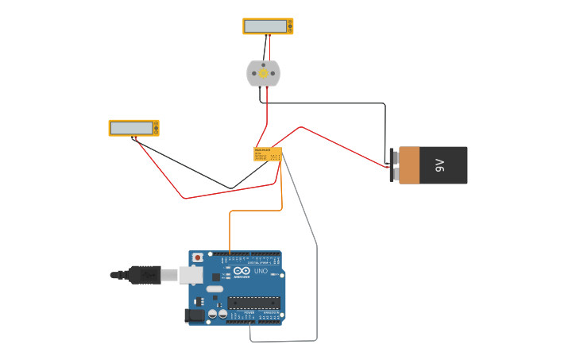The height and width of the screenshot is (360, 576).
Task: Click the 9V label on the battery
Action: click(x=439, y=165)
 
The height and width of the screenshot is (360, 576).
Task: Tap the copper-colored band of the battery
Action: click(x=408, y=165)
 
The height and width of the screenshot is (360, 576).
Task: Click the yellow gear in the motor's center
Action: click(x=263, y=73)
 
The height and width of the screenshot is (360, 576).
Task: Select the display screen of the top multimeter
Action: click(x=265, y=26)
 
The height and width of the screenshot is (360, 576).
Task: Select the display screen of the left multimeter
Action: click(x=131, y=128)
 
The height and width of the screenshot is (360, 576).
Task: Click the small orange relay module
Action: click(x=267, y=154)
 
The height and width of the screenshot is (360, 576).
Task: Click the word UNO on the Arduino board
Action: click(x=261, y=272)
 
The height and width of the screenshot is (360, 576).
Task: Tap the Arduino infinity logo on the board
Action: click(x=242, y=272)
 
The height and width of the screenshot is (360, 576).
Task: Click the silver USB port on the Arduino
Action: click(x=191, y=275)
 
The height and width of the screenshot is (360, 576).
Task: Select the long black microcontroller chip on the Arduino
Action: click(x=254, y=302)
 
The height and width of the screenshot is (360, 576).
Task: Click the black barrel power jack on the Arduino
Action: click(x=195, y=315)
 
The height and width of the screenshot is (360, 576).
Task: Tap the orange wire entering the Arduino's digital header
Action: click(x=230, y=234)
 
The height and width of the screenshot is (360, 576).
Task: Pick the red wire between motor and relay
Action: click(x=267, y=111)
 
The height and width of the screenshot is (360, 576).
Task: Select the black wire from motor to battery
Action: click(x=334, y=103)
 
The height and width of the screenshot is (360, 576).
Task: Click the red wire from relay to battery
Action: click(x=342, y=144)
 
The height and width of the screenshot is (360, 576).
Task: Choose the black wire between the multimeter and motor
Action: click(x=265, y=48)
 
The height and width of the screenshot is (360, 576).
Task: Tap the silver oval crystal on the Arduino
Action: click(x=215, y=288)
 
